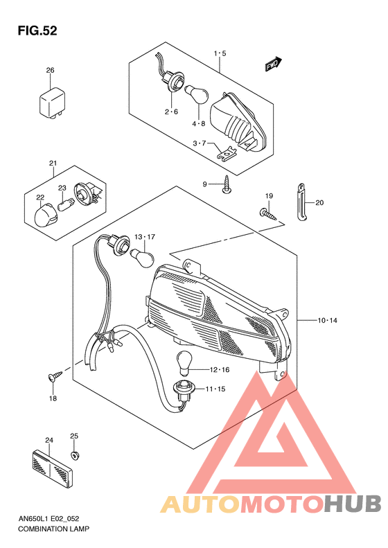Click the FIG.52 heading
(38, 31)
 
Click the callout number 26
(50, 71)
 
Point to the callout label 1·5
(220, 53)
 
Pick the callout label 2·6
(171, 112)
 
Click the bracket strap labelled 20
(302, 202)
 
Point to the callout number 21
(52, 163)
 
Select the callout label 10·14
(327, 321)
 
